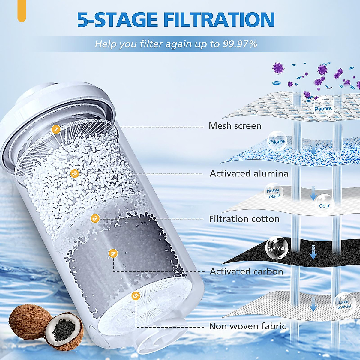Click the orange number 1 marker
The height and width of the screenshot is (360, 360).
point(56,129)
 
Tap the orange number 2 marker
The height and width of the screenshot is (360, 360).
point(74,173)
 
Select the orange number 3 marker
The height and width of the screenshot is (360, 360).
point(95,218)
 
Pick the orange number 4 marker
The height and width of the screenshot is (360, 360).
point(113,254)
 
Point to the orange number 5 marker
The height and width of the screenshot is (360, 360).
point(136,296)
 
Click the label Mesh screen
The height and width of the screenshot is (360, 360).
point(235,126)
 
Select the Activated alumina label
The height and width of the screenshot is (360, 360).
point(249,173)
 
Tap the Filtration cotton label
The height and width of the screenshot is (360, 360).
point(244,219)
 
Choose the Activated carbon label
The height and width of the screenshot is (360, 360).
point(246,271)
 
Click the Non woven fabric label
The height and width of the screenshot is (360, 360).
point(247,326)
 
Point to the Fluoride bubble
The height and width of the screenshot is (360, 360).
point(323,108)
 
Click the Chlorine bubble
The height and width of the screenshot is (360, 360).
point(277,141)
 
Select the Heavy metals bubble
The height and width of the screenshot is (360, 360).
point(273,193)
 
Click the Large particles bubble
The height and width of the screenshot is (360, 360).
point(344,304)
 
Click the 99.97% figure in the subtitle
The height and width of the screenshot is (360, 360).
point(240,44)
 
